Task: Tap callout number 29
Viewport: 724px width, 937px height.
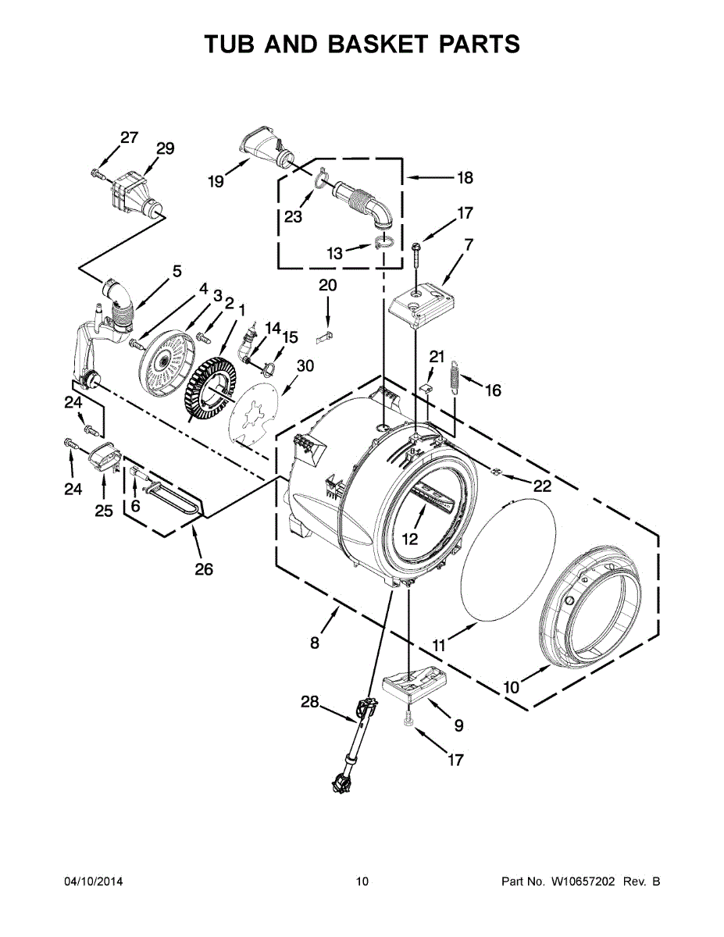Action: [x=165, y=148]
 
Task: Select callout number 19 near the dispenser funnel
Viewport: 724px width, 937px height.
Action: [x=216, y=182]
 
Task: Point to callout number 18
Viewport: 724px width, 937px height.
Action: [x=465, y=178]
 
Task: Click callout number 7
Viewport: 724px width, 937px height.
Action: [x=468, y=244]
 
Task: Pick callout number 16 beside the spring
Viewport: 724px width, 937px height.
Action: [x=493, y=390]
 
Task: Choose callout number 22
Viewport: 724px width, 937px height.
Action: [x=542, y=486]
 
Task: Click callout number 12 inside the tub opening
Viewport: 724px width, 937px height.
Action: [x=410, y=539]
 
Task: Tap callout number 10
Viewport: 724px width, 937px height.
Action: [x=511, y=688]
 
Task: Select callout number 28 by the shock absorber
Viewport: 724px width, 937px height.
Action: [x=310, y=703]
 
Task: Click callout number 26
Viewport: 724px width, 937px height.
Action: [x=203, y=569]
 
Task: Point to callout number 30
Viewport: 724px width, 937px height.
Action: [x=305, y=365]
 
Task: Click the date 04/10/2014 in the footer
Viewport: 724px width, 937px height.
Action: [x=94, y=882]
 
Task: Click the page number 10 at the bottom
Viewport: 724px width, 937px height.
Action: [x=362, y=882]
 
